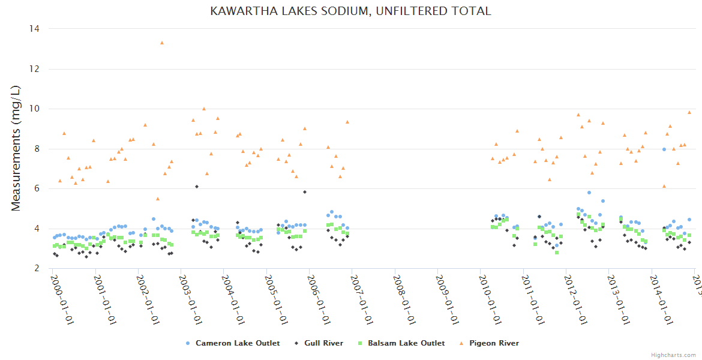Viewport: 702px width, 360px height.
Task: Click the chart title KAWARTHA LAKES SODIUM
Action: [350, 11]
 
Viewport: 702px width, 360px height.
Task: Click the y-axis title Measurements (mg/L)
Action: [16, 148]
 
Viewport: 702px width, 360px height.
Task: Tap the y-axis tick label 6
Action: [37, 188]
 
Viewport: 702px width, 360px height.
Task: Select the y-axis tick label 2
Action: [37, 268]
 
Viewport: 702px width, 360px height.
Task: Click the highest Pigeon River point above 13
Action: [162, 43]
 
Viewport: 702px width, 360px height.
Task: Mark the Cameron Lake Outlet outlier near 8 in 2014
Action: [664, 149]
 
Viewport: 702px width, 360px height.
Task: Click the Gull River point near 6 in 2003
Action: [197, 187]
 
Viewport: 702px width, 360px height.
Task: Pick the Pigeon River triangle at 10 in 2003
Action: [204, 109]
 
